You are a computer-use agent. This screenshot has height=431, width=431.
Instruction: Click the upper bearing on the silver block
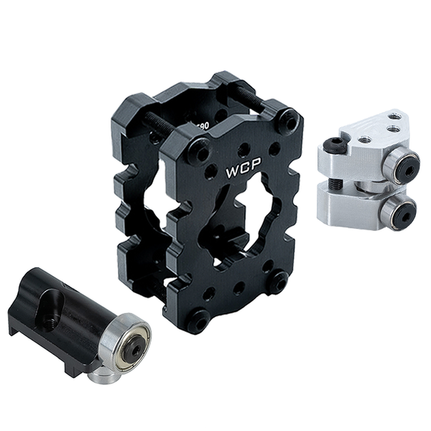tap(401, 165)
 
